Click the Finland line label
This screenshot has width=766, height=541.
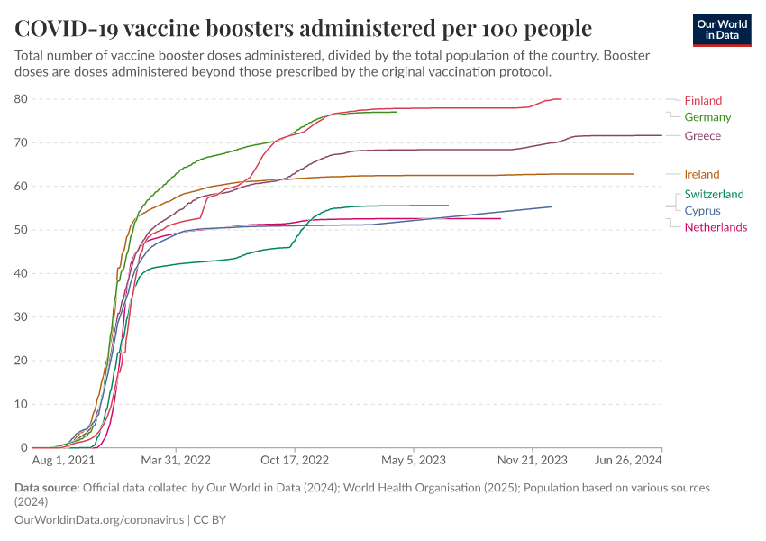[703, 100]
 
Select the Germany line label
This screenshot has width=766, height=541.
[707, 117]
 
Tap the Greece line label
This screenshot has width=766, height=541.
[702, 136]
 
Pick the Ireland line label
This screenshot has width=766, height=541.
[702, 174]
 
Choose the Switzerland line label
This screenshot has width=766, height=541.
[714, 194]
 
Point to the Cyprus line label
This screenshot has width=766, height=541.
[702, 211]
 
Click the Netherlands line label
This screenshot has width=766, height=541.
[716, 227]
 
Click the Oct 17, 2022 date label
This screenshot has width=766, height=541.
[294, 460]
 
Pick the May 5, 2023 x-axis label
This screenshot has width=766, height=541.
[414, 460]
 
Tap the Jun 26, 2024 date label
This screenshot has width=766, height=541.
[628, 460]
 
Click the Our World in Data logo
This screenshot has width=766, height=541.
[722, 30]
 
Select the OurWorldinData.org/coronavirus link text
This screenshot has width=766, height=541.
[98, 520]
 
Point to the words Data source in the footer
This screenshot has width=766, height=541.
[47, 488]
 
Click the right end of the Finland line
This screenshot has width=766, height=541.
[561, 99]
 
